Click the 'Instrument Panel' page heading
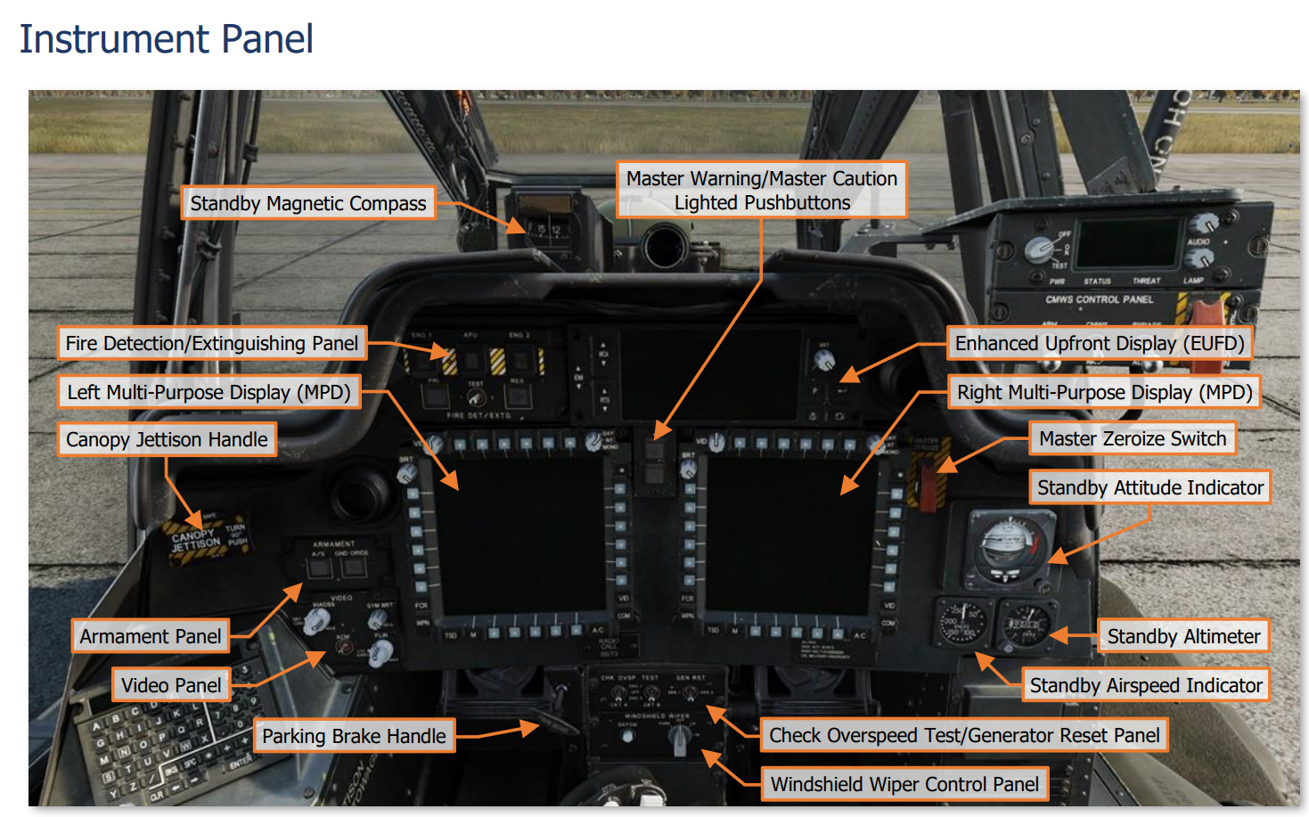click(x=167, y=39)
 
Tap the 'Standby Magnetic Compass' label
click(x=307, y=204)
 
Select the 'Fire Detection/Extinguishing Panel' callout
click(x=211, y=344)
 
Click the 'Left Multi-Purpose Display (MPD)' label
click(x=209, y=393)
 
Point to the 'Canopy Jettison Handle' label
click(x=167, y=440)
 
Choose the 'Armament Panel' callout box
click(x=150, y=637)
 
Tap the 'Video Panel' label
click(x=171, y=686)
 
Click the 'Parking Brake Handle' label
click(x=354, y=737)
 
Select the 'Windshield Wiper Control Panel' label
click(x=904, y=785)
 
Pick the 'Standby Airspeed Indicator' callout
click(x=1146, y=686)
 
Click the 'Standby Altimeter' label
click(x=1183, y=637)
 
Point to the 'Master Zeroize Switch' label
click(x=1133, y=439)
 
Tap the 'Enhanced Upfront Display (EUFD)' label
click(x=1100, y=344)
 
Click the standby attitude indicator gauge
click(x=1007, y=546)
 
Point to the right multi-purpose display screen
click(x=789, y=535)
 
